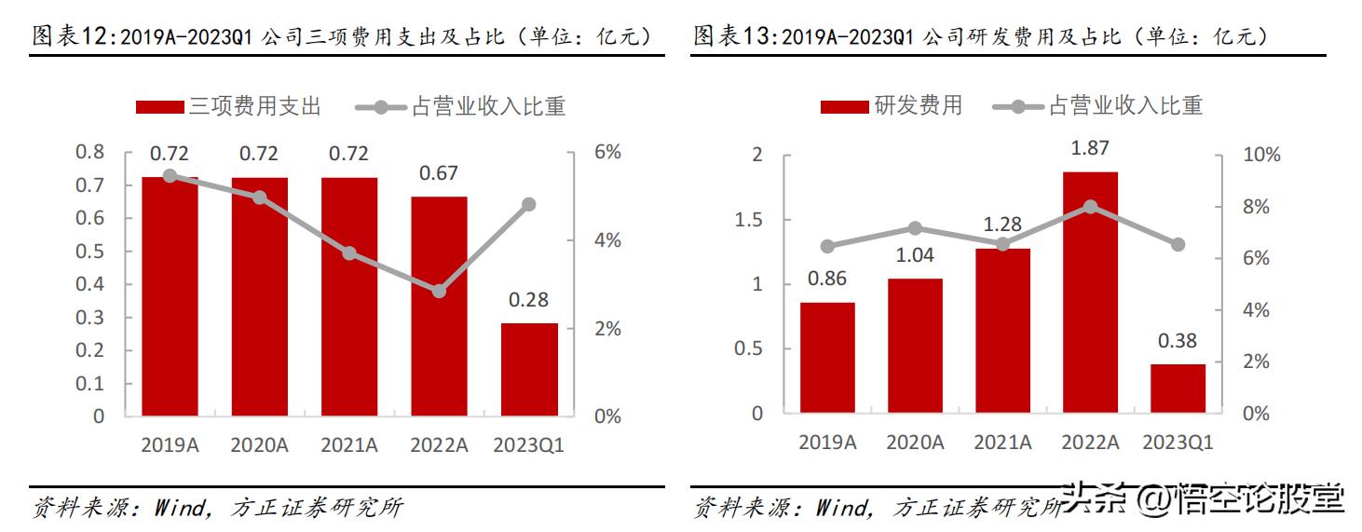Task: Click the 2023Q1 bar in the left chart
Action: pos(529,369)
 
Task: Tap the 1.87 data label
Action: pos(1090,148)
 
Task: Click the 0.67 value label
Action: pos(439,173)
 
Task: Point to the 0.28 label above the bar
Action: pos(529,300)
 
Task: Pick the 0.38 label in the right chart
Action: pos(1178,341)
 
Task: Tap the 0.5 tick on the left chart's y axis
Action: pos(90,252)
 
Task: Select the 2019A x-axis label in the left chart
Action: pos(170,445)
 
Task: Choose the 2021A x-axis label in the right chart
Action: pos(1002,443)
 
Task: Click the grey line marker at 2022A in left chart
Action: pos(439,291)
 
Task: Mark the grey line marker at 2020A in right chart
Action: pos(915,228)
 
